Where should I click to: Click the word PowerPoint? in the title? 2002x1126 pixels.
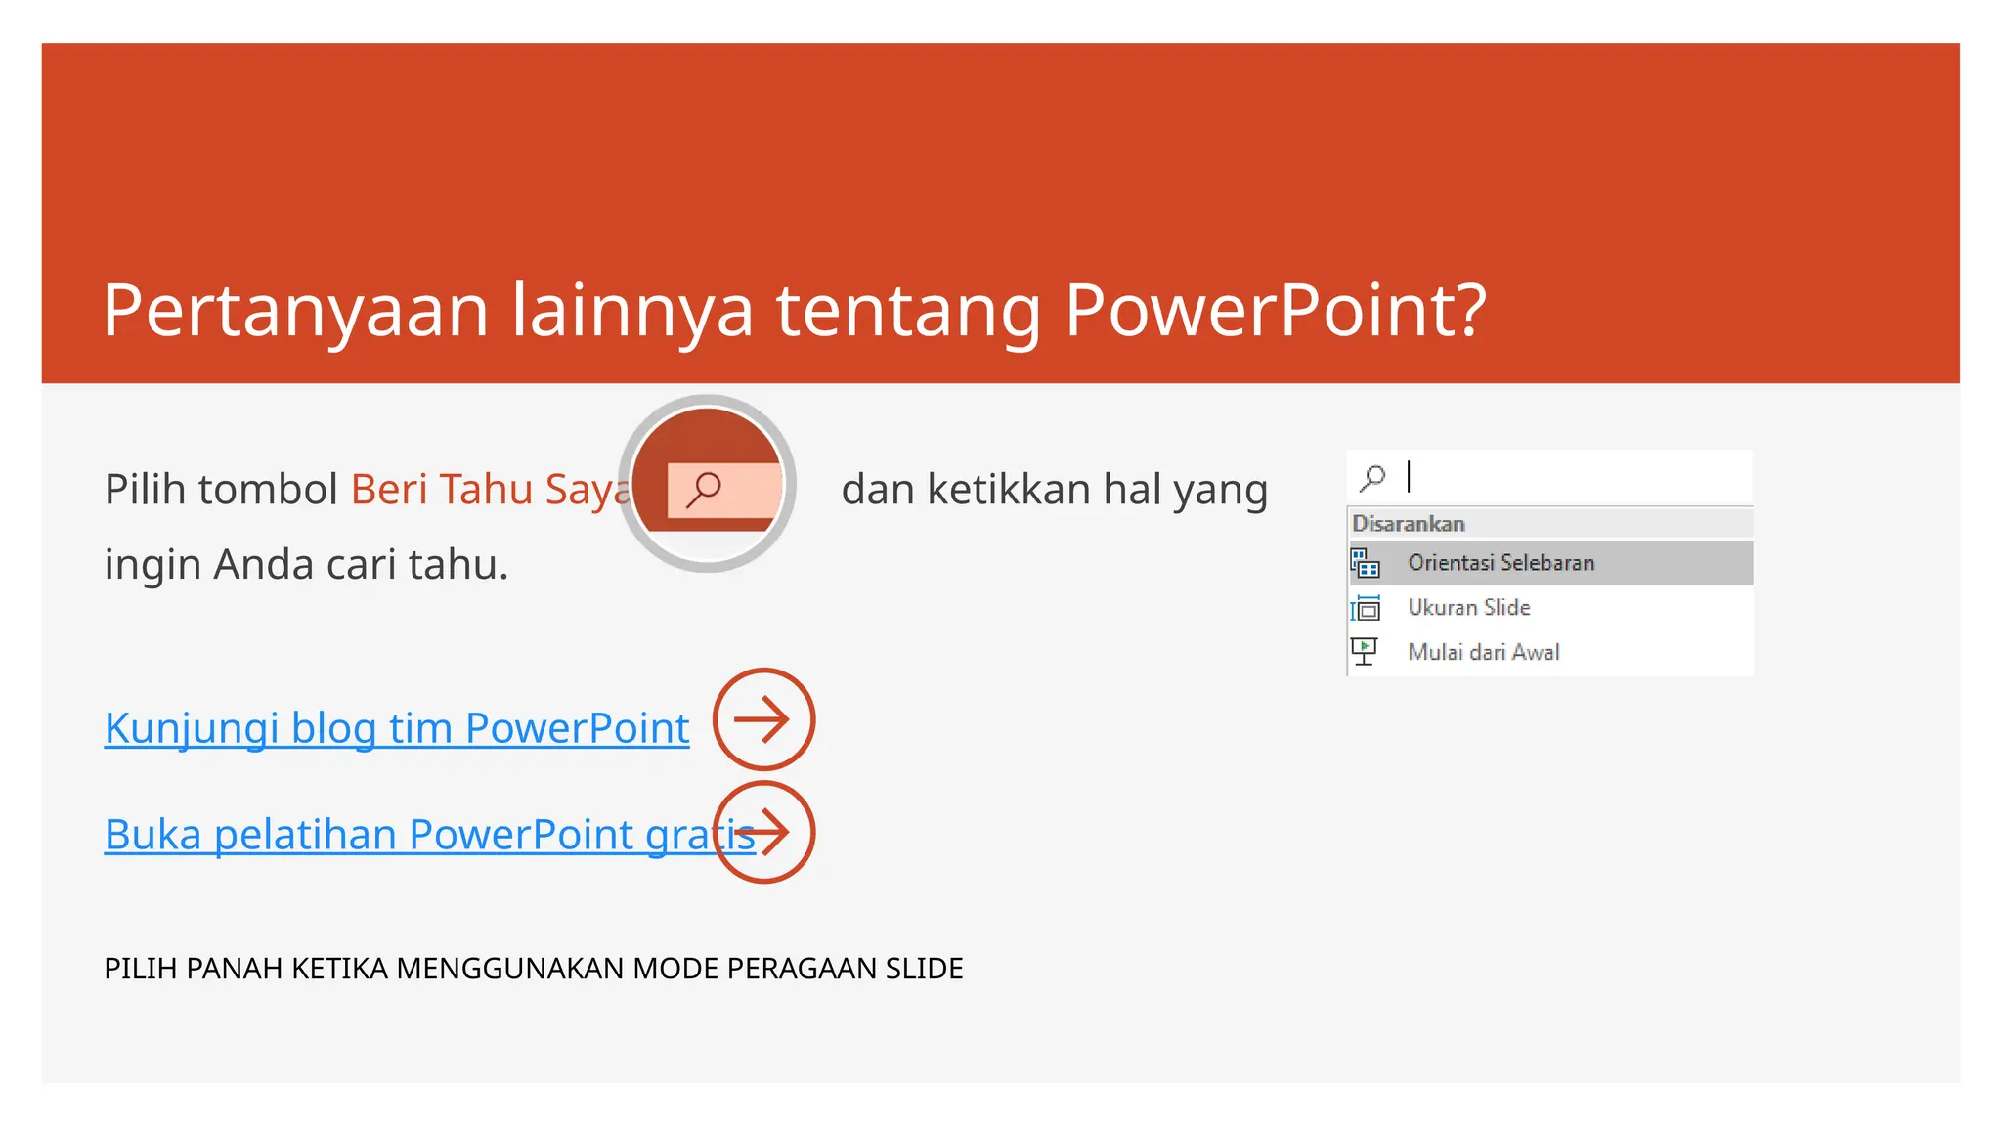pyautogui.click(x=1275, y=311)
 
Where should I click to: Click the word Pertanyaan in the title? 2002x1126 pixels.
pyautogui.click(x=295, y=311)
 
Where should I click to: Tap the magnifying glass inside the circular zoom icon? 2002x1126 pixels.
pyautogui.click(x=704, y=488)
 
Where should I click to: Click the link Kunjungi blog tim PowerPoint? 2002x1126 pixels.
pyautogui.click(x=396, y=728)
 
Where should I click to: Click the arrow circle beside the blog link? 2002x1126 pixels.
pyautogui.click(x=763, y=719)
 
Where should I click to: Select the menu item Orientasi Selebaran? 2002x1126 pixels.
pyautogui.click(x=1501, y=563)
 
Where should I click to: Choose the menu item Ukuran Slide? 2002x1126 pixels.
pyautogui.click(x=1468, y=607)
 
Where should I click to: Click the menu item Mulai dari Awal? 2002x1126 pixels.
pyautogui.click(x=1483, y=652)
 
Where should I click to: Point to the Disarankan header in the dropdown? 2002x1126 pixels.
pyautogui.click(x=1408, y=524)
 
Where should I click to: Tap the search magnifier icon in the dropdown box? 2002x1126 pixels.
pyautogui.click(x=1372, y=477)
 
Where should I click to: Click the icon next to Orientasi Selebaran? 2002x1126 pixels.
pyautogui.click(x=1365, y=563)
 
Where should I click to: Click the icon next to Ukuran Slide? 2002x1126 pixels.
pyautogui.click(x=1365, y=608)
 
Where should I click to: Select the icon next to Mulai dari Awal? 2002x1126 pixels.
pyautogui.click(x=1365, y=651)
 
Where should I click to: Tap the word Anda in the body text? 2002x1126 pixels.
pyautogui.click(x=264, y=564)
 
